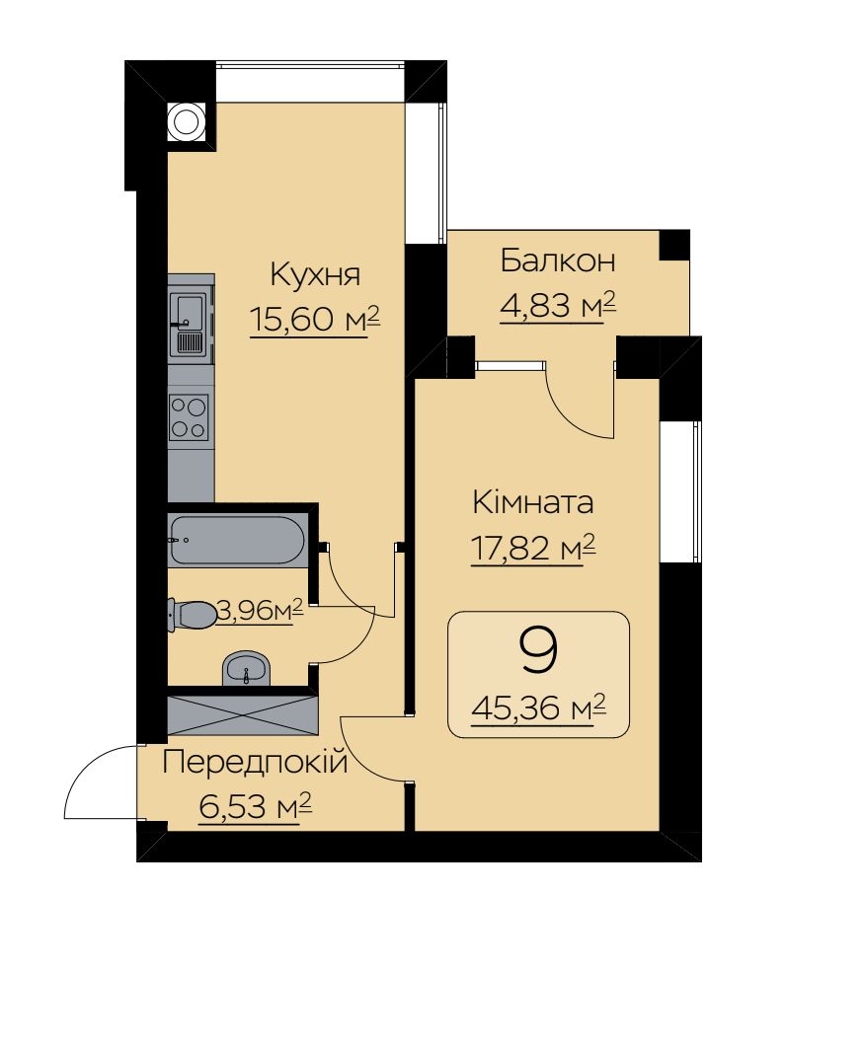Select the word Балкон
pos(558,260)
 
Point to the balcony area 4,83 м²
pos(558,306)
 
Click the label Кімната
pos(532,502)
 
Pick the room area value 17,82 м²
pos(532,549)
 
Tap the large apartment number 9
pos(538,651)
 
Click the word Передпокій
pos(256,762)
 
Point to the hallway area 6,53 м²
pos(256,807)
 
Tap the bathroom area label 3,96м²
pos(261,610)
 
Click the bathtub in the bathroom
pos(238,541)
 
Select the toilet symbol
pos(193,614)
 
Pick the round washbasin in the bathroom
pos(247,668)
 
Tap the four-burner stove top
pos(189,417)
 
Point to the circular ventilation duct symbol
pos(187,122)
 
